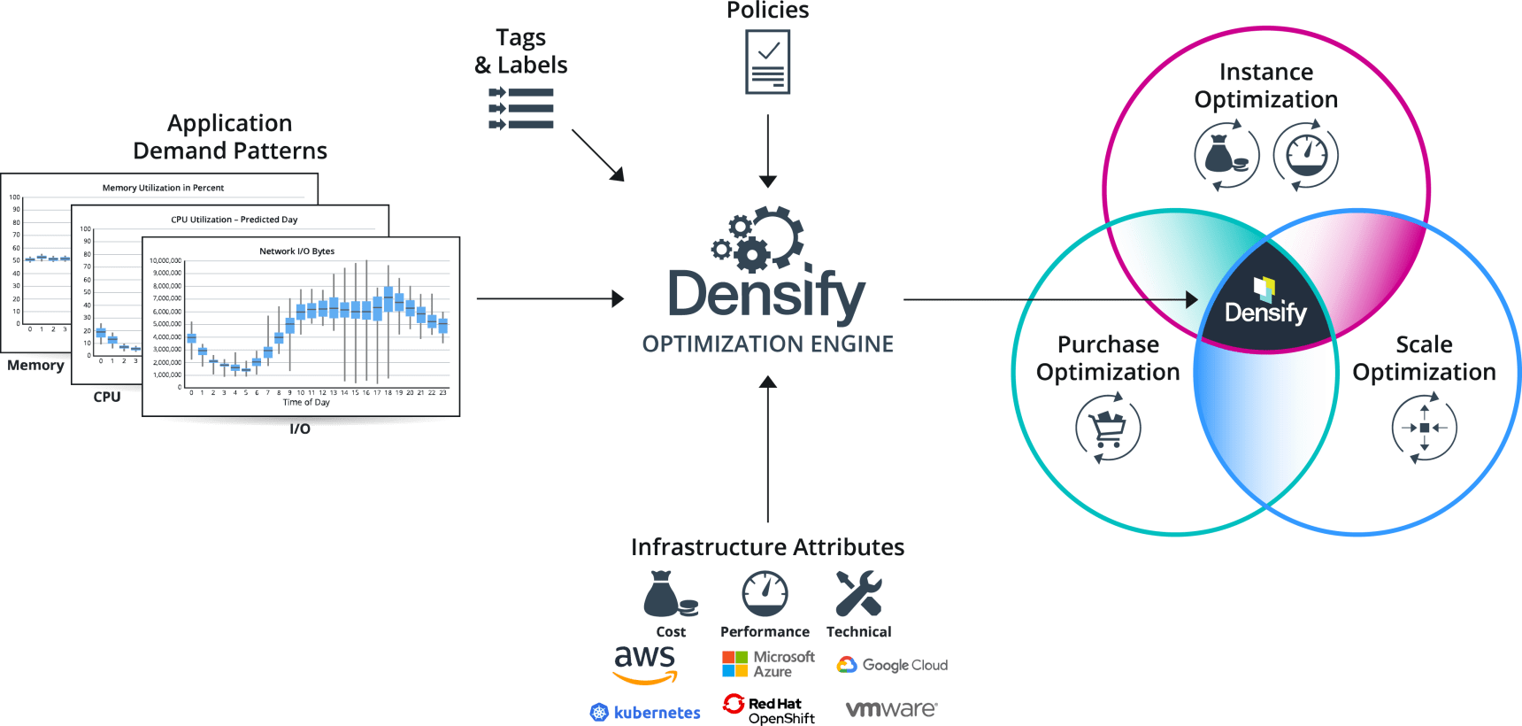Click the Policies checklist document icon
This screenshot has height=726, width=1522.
point(767,63)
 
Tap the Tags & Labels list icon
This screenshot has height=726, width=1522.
point(521,109)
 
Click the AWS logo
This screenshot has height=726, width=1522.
point(645,664)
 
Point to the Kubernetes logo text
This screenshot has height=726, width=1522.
point(657,713)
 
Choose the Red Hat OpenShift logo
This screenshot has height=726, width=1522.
point(768,709)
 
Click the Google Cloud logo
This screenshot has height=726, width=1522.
point(891,665)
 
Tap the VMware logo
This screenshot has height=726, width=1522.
point(890,709)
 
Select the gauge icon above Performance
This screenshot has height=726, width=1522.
point(765,593)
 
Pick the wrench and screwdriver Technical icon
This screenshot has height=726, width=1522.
point(858,593)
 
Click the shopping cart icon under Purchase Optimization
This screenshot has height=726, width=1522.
point(1108,429)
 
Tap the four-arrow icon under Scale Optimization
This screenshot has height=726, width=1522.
point(1424,429)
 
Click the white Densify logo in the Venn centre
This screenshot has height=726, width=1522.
point(1265,303)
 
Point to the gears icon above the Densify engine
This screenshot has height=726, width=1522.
point(758,238)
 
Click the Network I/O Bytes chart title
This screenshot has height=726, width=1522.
point(296,251)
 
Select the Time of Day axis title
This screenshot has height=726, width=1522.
point(306,403)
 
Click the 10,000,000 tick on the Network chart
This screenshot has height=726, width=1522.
point(165,261)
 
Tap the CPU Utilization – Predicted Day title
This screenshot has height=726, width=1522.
point(234,220)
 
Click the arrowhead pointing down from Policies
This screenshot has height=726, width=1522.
point(768,181)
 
